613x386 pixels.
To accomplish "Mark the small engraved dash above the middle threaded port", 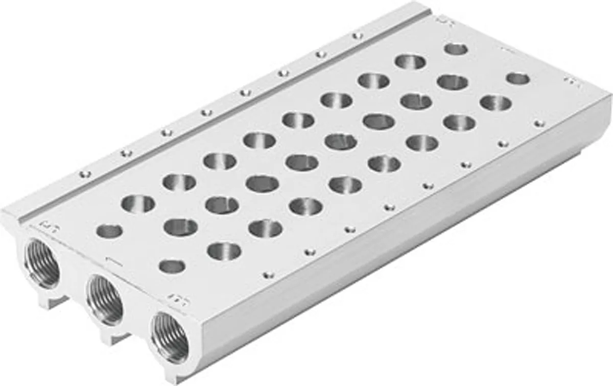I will coord(110,259).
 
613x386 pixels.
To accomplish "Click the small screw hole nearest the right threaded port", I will coord(266,275).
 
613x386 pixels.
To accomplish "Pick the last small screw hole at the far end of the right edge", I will coord(537,123).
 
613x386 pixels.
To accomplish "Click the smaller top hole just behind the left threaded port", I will coord(109,231).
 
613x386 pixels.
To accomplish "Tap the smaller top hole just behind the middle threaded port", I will coord(172,266).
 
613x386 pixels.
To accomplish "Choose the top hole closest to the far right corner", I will coord(517,79).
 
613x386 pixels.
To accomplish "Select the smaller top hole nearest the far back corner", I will coord(456,49).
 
